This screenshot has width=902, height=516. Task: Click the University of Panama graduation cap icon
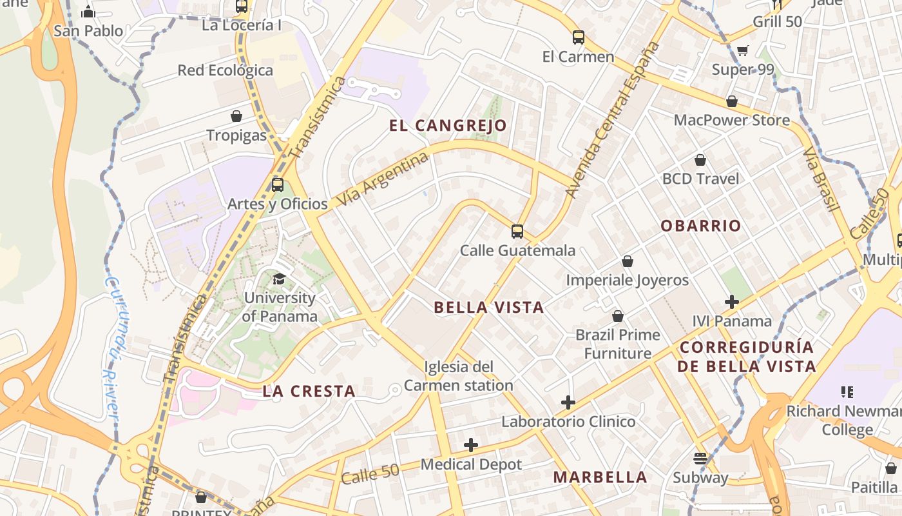(x=279, y=279)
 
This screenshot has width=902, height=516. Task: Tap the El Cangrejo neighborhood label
(x=448, y=125)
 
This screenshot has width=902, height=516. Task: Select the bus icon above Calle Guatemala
(x=517, y=231)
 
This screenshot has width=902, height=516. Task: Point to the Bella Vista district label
(x=489, y=308)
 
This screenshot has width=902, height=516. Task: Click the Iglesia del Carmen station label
(x=458, y=376)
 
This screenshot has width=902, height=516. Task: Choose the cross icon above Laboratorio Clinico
(x=568, y=402)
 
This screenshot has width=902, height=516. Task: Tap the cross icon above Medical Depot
(x=471, y=445)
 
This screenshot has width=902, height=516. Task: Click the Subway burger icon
(x=700, y=459)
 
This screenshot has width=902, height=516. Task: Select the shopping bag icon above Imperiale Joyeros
(x=627, y=261)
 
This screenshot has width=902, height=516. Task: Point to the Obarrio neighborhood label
(x=701, y=226)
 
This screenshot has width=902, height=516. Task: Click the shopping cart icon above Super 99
(x=743, y=50)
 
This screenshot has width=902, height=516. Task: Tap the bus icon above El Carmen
(x=578, y=37)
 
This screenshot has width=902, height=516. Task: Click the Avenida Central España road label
(x=612, y=120)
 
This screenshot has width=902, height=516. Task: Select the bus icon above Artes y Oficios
(x=278, y=184)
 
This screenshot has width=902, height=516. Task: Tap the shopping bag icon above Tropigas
(x=236, y=116)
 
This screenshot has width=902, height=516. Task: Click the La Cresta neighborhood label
(x=309, y=391)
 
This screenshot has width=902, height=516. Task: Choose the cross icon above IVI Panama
(x=731, y=301)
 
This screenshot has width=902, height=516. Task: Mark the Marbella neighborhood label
(x=600, y=477)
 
